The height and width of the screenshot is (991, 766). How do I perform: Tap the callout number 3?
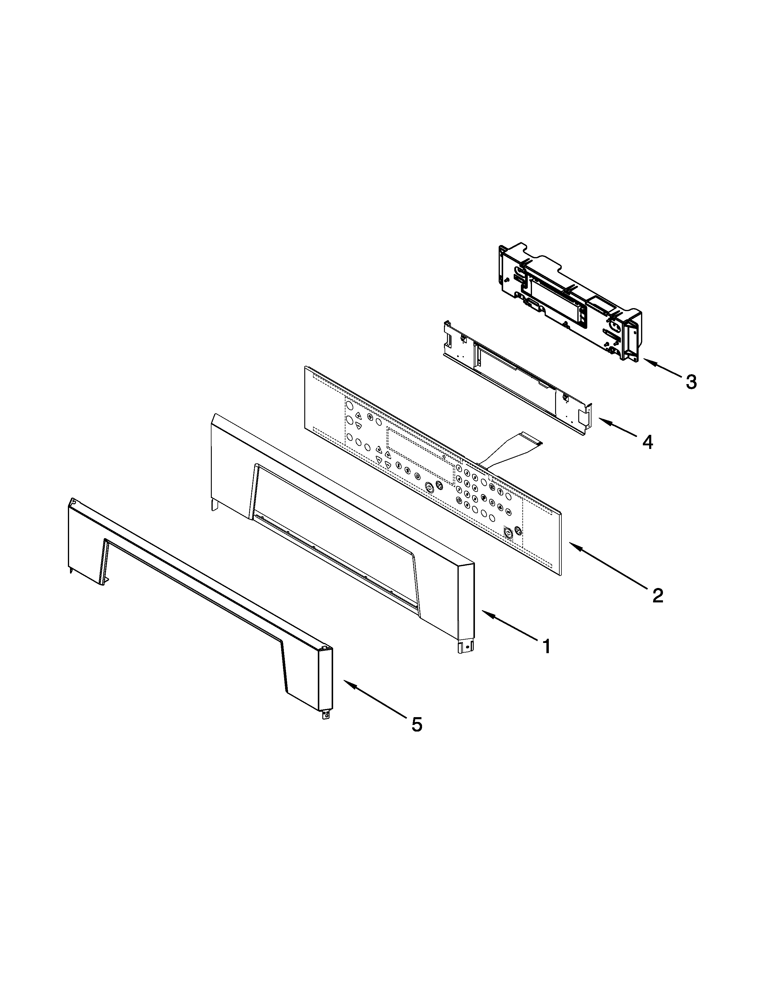pos(690,382)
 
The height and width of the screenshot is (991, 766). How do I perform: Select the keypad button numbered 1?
pos(459,469)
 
